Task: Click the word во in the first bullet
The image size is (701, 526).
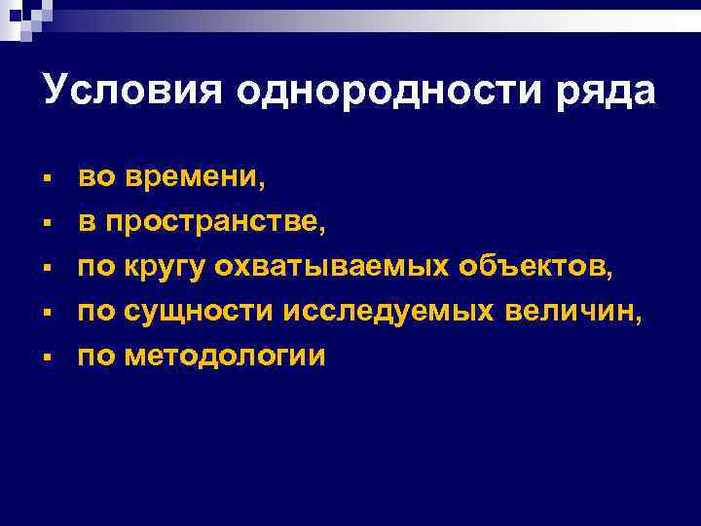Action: (96, 177)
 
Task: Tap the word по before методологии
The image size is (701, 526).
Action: (95, 357)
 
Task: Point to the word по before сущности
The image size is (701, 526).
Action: (95, 312)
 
